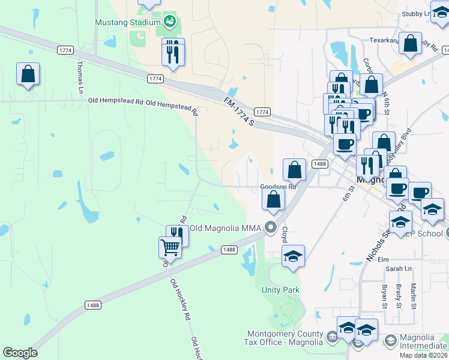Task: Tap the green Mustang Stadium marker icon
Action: [170, 22]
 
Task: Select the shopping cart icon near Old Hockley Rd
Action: [170, 246]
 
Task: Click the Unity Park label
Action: [280, 290]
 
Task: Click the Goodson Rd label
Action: [279, 187]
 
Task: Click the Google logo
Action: [20, 353]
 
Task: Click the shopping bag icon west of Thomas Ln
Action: [28, 74]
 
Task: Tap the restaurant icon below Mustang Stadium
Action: [172, 54]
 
